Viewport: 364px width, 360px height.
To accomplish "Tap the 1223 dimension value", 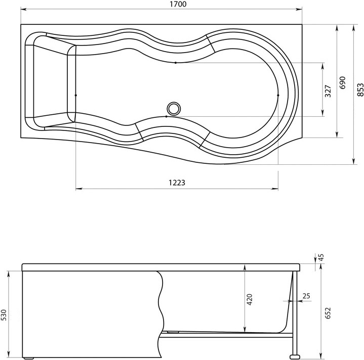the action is point(177,183).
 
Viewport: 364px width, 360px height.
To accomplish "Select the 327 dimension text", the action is point(328,91).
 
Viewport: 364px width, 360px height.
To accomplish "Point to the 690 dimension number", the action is point(342,83).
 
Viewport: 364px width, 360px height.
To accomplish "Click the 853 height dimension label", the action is point(360,89).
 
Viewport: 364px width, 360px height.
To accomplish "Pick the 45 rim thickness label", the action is point(321,257).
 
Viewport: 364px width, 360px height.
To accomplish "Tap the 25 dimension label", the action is point(306,296).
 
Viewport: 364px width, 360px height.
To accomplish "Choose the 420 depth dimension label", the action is point(249,299).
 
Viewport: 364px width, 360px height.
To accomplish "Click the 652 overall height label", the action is point(328,313).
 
